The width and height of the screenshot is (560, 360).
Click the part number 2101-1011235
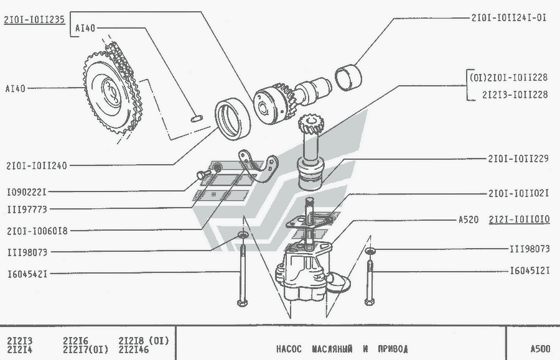[x=34, y=19]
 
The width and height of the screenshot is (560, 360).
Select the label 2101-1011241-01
[x=508, y=17]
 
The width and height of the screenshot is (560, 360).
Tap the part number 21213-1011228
[x=515, y=95]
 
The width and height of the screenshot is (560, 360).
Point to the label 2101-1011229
[x=518, y=159]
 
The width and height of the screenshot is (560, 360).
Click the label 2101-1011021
[x=518, y=193]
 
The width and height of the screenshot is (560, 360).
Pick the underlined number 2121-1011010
[x=519, y=219]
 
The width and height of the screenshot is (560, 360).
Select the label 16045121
[x=530, y=271]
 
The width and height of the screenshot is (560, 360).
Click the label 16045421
[x=27, y=274]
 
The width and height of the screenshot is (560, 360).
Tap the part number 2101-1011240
[x=37, y=165]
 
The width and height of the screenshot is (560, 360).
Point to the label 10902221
[x=27, y=192]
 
